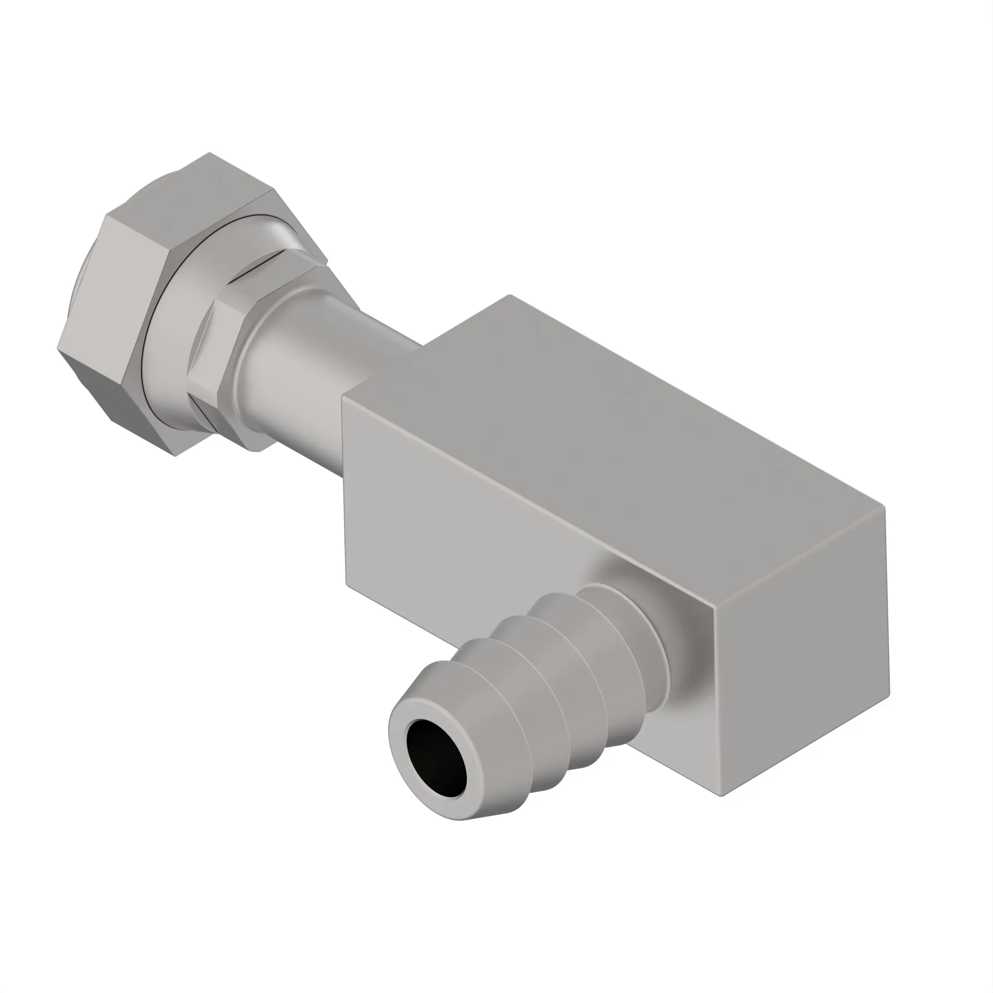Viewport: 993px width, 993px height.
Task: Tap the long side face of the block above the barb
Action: tap(463, 514)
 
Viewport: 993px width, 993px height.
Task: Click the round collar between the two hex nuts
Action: tap(170, 334)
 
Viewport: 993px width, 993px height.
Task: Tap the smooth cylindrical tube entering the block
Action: tap(308, 370)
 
